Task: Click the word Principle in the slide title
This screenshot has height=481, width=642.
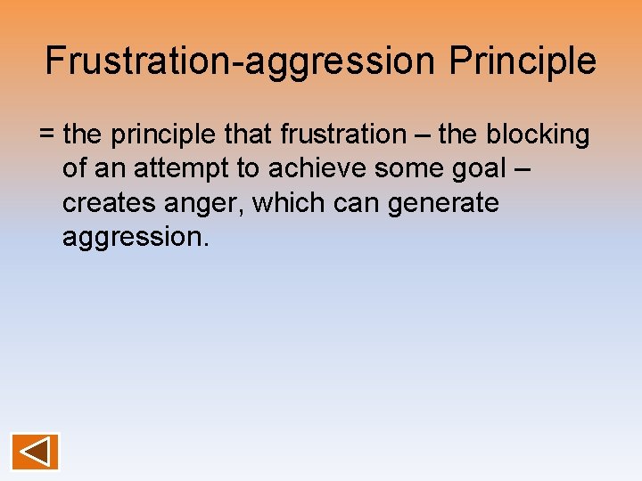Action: click(523, 61)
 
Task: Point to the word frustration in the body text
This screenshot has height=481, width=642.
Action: click(342, 135)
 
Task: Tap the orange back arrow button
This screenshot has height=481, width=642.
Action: click(36, 452)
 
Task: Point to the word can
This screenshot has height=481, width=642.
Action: click(360, 203)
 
